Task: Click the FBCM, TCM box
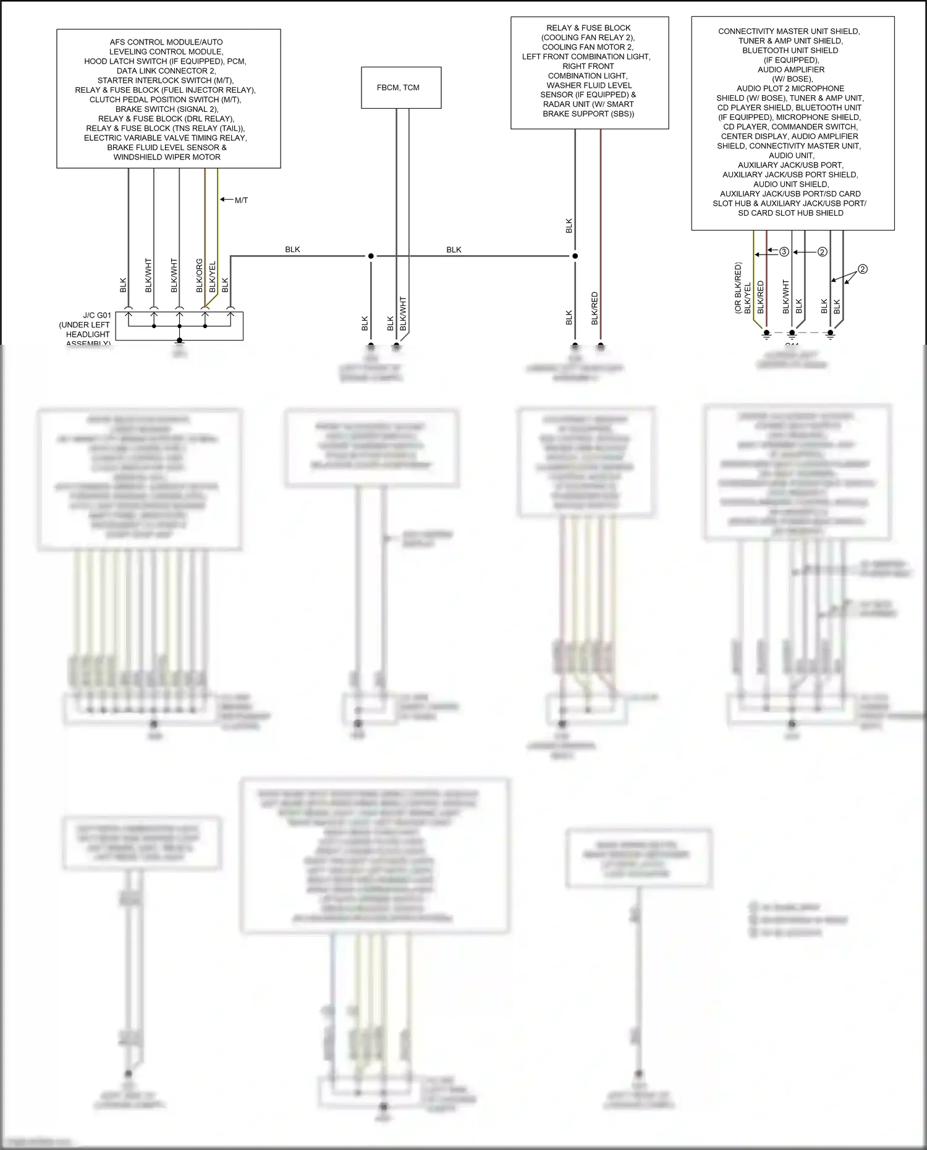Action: tap(400, 88)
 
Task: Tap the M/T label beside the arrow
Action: tap(241, 200)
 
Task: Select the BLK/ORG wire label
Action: tap(200, 276)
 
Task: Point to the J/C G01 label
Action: tap(97, 315)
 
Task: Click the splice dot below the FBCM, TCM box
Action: tap(371, 256)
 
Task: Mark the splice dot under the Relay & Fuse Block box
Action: tap(575, 256)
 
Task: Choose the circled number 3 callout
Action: tap(784, 252)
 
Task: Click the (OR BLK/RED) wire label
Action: tap(738, 288)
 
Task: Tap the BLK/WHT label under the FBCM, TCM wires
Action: tap(403, 313)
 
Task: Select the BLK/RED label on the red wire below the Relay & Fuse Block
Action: tap(595, 308)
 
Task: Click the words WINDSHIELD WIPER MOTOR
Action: tap(167, 157)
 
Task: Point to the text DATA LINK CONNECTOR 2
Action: tap(166, 71)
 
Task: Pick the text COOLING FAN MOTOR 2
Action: tap(588, 47)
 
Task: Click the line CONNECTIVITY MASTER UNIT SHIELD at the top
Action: tap(789, 32)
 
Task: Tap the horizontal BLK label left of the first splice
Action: tap(292, 250)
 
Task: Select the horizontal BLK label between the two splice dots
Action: tap(454, 250)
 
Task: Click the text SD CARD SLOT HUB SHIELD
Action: tap(790, 213)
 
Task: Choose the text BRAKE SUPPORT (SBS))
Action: tap(588, 114)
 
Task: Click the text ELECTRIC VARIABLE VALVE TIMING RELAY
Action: tap(166, 138)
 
